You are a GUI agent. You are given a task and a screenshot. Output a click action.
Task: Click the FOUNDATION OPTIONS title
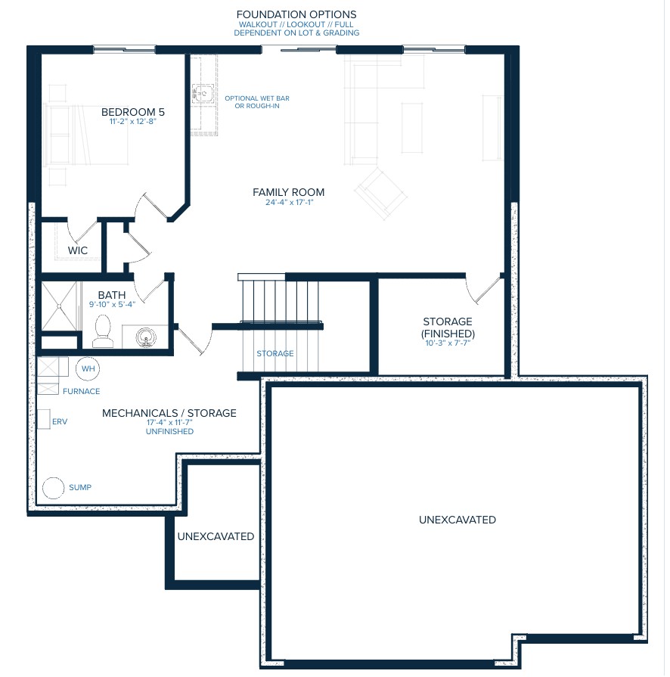[x=296, y=14]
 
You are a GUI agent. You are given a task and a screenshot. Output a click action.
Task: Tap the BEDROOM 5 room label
[x=133, y=112]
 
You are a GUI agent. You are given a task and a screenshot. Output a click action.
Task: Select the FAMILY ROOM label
[x=288, y=193]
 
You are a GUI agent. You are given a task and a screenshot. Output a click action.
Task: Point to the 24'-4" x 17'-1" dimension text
[x=289, y=203]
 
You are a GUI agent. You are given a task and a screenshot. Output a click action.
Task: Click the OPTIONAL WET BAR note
[x=257, y=98]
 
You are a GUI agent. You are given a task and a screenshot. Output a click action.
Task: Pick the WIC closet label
[x=78, y=250]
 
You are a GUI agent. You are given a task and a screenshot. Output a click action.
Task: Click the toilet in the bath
[x=103, y=331]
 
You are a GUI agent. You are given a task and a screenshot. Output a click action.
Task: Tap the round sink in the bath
[x=146, y=337]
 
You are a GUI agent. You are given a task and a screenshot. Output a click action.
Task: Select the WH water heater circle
[x=88, y=368]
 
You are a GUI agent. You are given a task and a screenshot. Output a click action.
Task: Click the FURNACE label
[x=81, y=392]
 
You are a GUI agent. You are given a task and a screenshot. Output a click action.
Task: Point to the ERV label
[x=60, y=422]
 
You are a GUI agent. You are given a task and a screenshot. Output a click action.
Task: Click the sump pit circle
[x=54, y=488]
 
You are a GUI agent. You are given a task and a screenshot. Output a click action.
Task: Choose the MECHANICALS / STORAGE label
[x=169, y=413]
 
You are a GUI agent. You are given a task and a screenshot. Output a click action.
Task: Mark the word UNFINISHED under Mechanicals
[x=169, y=432]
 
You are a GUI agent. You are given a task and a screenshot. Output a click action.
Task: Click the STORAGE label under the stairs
[x=275, y=353]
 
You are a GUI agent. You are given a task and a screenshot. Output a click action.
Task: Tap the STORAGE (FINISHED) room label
[x=448, y=328]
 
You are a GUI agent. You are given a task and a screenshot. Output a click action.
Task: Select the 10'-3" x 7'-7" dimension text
[x=448, y=343]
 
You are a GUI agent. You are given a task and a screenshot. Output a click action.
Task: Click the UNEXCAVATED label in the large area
[x=458, y=520]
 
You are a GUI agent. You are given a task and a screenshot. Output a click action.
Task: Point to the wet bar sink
[x=203, y=93]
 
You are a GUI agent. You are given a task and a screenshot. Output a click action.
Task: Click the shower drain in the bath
[x=59, y=306]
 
